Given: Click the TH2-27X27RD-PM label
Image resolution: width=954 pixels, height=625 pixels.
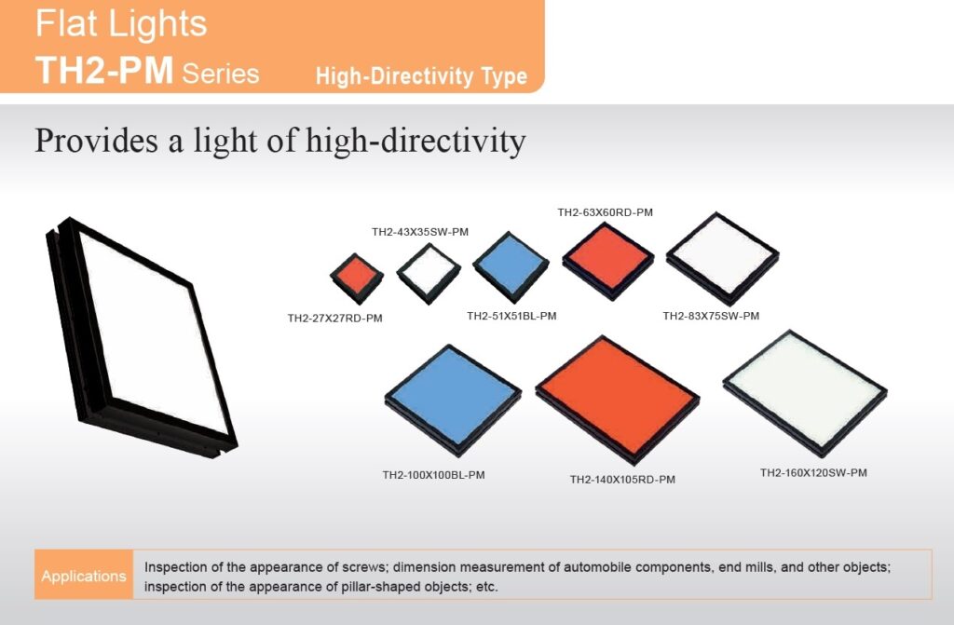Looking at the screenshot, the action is coord(334,318).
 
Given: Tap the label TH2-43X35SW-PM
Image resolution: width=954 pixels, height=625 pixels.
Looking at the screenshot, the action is coord(420,232).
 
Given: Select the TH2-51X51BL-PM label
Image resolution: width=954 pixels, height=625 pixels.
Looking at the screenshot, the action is coord(511,316).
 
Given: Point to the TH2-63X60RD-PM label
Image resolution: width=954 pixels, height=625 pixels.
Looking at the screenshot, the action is coord(605,212).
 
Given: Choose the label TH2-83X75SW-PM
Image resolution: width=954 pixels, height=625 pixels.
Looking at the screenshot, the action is coord(711,316).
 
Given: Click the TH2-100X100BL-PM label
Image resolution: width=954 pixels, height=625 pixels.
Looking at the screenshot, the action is coord(433,475).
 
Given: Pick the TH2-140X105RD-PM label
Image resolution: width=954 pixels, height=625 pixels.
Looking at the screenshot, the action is coord(622,480).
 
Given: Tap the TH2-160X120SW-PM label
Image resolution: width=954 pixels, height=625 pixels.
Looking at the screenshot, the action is coord(813,473).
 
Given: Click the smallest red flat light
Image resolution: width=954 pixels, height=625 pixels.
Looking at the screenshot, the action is coord(357,279).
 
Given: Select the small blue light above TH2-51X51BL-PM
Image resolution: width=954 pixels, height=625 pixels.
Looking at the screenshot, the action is coord(511,266).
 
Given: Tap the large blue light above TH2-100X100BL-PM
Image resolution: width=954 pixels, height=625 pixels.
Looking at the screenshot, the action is coord(453,400).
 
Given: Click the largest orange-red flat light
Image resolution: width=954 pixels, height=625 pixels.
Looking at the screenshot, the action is coord(617,400).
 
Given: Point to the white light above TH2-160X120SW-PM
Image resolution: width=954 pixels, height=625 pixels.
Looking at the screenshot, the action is coord(805,392).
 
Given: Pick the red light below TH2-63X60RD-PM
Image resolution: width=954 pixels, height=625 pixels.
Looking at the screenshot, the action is coord(607,261).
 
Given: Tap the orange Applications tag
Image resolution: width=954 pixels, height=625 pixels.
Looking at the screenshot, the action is coord(84,575).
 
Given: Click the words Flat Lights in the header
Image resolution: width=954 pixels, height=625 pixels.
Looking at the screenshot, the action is coord(121,23).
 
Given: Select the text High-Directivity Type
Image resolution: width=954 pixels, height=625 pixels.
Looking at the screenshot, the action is coord(421,76).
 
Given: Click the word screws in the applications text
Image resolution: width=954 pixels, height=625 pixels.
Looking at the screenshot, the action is coord(363,567).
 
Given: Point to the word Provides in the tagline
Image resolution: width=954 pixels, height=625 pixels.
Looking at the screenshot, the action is coord(96,141).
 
